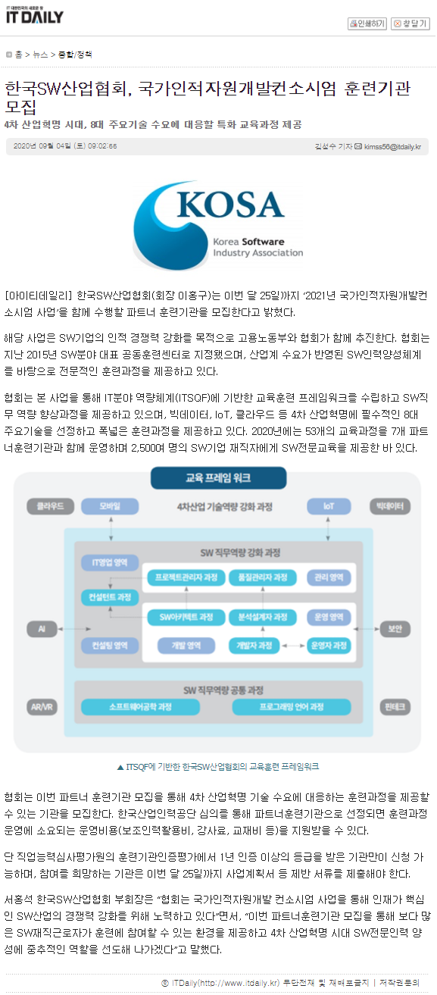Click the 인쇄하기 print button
[x=367, y=23]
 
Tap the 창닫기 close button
[x=410, y=23]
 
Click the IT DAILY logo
[x=35, y=15]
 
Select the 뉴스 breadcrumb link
[x=40, y=55]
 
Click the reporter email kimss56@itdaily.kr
[x=392, y=146]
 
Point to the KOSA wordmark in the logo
[x=230, y=205]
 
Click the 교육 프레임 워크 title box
[x=218, y=478]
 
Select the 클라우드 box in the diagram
[x=50, y=506]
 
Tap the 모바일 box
[x=110, y=506]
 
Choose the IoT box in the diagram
[x=329, y=506]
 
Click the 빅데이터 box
[x=390, y=506]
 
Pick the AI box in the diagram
[x=42, y=628]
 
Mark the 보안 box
[x=395, y=628]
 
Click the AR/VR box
[x=42, y=707]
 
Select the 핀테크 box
[x=395, y=707]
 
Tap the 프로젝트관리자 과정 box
[x=186, y=577]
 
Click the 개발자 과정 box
[x=254, y=646]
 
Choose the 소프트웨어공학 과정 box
[x=140, y=707]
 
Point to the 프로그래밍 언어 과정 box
[x=292, y=707]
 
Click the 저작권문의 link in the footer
[x=399, y=983]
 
